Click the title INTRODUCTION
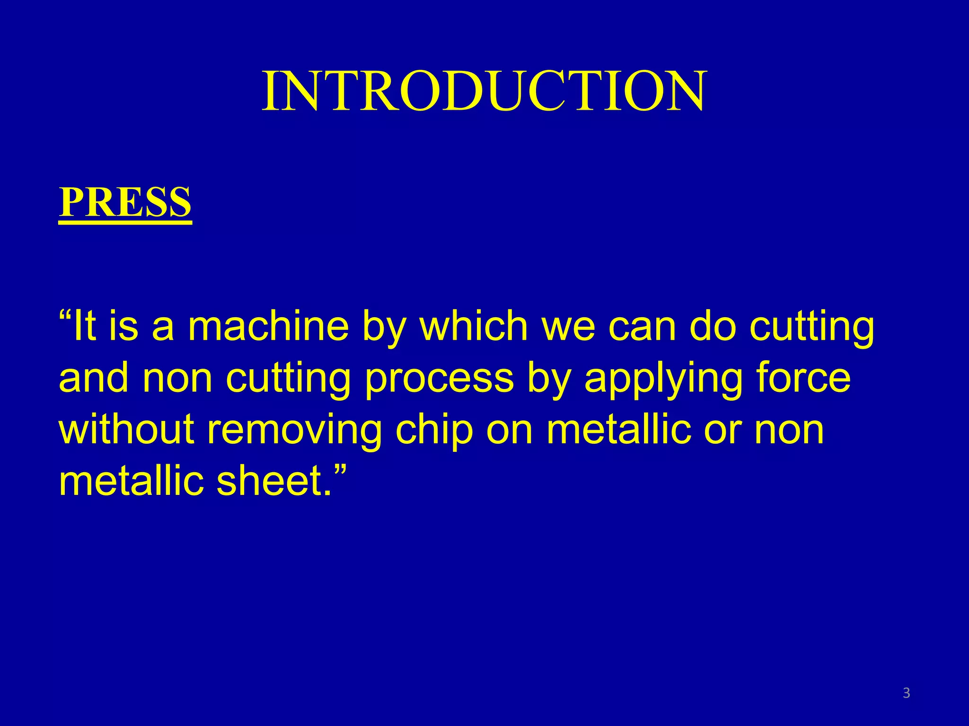click(x=484, y=91)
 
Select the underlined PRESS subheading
click(x=125, y=202)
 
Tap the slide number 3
click(x=907, y=693)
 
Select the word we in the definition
click(x=568, y=328)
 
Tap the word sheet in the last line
click(x=270, y=481)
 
